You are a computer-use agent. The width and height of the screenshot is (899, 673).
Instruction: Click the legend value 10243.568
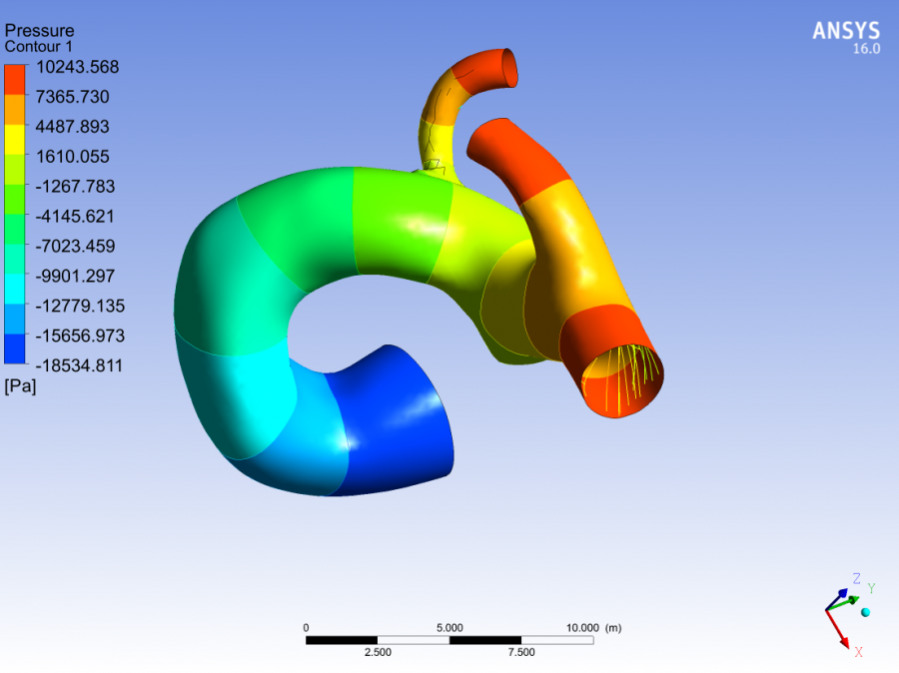[77, 67]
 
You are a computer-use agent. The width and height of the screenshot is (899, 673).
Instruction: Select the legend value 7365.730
[72, 97]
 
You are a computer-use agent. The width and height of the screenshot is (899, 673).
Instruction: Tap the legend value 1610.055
[72, 157]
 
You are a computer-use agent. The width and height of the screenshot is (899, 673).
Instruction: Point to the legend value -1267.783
[75, 187]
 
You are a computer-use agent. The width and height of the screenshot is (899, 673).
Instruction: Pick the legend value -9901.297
[75, 276]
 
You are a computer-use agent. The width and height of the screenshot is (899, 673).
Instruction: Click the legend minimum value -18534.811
[79, 365]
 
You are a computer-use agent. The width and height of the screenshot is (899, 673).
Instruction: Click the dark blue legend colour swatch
[15, 348]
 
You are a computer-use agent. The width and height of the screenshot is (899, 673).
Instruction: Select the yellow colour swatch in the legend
[15, 140]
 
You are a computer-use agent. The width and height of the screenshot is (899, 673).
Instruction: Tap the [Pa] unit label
[20, 386]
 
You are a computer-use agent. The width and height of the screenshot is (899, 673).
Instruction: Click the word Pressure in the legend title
[40, 30]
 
